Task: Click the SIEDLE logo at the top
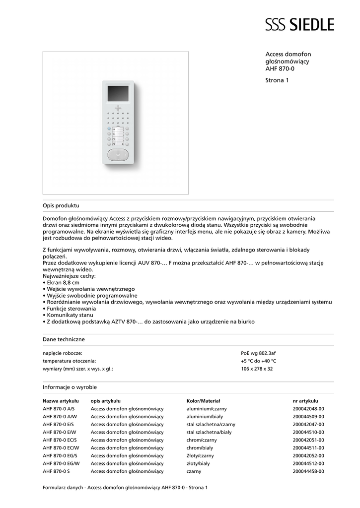pyautogui.click(x=299, y=24)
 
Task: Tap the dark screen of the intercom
pyautogui.click(x=118, y=93)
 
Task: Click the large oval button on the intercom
pyautogui.click(x=118, y=155)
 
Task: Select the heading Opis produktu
pyautogui.click(x=61, y=205)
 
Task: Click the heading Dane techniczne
pyautogui.click(x=64, y=339)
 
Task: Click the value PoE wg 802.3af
pyautogui.click(x=258, y=353)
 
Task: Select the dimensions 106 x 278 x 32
pyautogui.click(x=257, y=369)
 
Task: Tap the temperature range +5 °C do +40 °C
pyautogui.click(x=258, y=361)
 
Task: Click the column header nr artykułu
pyautogui.click(x=305, y=400)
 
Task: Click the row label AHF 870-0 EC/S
pyautogui.click(x=60, y=440)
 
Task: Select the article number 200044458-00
pyautogui.click(x=308, y=471)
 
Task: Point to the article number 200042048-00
pyautogui.click(x=308, y=408)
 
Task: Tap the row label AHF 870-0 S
pyautogui.click(x=56, y=471)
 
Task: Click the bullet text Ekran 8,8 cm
pyautogui.click(x=63, y=282)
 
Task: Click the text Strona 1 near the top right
pyautogui.click(x=277, y=80)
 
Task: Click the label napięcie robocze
pyautogui.click(x=63, y=353)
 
